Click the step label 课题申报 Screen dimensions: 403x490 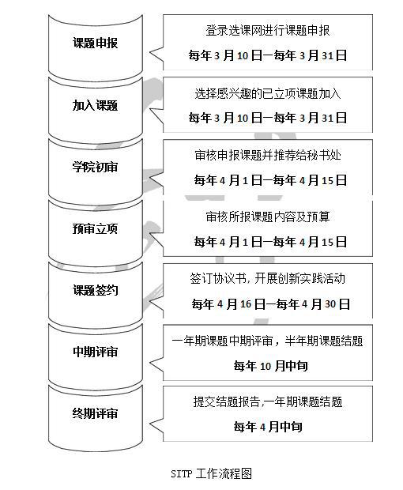(96, 43)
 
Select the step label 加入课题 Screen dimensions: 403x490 (96, 105)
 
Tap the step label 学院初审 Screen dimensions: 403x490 (96, 167)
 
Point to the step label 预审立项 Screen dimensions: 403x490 (96, 228)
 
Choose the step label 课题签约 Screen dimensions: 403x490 (96, 290)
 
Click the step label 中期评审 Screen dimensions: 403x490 (96, 352)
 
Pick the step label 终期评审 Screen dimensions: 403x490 (96, 413)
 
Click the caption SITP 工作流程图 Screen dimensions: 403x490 (212, 473)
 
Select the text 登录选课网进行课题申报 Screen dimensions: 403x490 (268, 31)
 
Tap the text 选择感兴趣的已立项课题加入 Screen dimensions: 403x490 (268, 93)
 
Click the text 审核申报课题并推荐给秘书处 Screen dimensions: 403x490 (268, 155)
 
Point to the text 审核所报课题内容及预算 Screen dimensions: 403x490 (268, 217)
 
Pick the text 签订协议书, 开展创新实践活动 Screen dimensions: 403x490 (268, 278)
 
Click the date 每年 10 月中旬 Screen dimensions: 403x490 (270, 366)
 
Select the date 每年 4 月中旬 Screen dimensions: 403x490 (268, 427)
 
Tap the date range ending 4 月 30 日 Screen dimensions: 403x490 (270, 303)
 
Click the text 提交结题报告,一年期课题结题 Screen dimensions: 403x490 (268, 401)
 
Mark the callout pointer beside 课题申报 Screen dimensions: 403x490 (156, 54)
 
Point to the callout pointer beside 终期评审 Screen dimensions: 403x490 (156, 425)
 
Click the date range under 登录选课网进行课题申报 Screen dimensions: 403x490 (268, 55)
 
